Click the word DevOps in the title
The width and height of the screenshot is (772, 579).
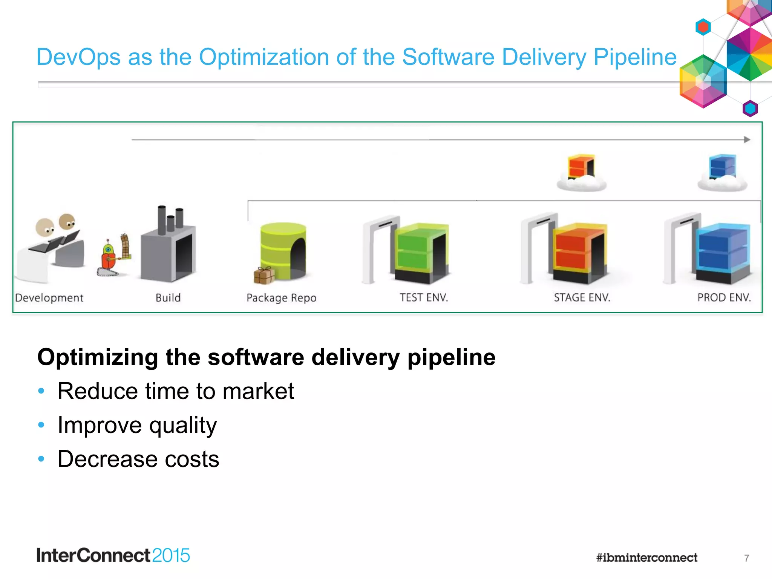click(x=78, y=57)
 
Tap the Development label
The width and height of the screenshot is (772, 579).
click(x=49, y=298)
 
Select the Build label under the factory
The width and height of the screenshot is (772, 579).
click(x=168, y=298)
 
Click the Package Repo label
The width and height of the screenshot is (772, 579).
click(x=281, y=298)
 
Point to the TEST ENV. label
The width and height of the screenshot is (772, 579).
click(x=424, y=298)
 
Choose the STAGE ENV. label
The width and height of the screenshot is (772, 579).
click(x=582, y=298)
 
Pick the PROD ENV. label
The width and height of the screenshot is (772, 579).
click(x=724, y=298)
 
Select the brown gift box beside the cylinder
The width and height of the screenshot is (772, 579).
click(x=264, y=275)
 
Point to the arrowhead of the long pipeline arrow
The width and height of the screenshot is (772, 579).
click(x=747, y=139)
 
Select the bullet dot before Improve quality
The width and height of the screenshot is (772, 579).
click(x=41, y=425)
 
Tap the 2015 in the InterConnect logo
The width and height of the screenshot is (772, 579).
click(x=171, y=556)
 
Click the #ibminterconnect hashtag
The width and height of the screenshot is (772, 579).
click(x=646, y=558)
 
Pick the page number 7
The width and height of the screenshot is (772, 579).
click(x=746, y=558)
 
